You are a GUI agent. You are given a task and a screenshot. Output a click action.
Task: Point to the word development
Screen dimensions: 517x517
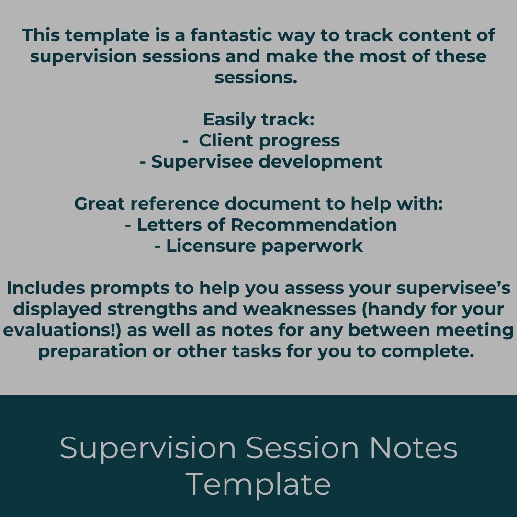coord(321,162)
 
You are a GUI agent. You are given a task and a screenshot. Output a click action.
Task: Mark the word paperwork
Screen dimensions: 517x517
coord(312,246)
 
